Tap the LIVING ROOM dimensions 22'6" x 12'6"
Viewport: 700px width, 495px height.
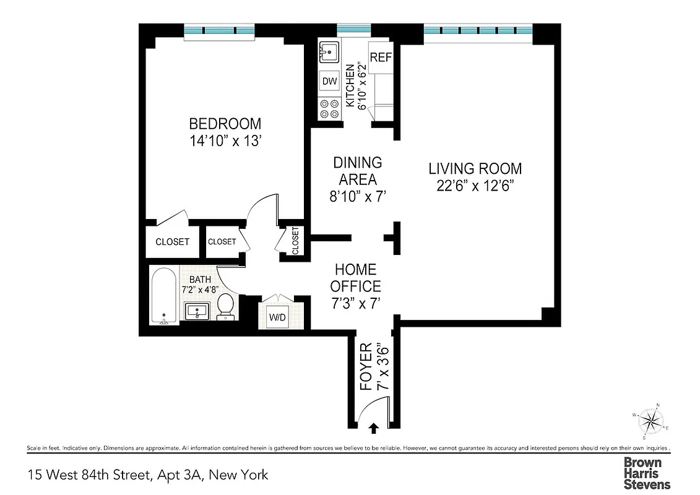click(475, 186)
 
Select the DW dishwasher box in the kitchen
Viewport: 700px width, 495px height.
click(329, 81)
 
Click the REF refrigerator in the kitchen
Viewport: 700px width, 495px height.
click(381, 57)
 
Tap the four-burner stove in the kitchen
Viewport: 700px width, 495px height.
click(329, 109)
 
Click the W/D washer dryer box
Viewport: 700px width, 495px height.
click(277, 317)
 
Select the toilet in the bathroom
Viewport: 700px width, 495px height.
click(227, 306)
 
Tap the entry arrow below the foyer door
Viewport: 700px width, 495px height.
click(374, 427)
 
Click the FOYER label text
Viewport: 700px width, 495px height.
click(366, 367)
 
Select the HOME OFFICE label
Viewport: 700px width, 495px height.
click(355, 278)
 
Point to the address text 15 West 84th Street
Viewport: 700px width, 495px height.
click(90, 475)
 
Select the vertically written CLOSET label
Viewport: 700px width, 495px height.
click(295, 240)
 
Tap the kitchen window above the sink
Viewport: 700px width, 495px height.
click(353, 28)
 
